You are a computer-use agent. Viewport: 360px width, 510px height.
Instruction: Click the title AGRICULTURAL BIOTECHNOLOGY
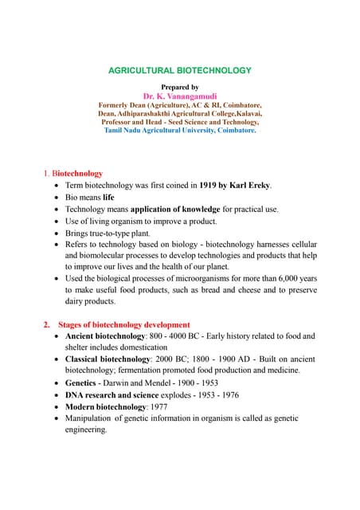click(x=179, y=70)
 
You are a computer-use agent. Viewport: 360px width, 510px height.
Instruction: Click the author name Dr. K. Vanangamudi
click(x=179, y=96)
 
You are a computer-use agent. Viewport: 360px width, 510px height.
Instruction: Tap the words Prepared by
click(x=179, y=86)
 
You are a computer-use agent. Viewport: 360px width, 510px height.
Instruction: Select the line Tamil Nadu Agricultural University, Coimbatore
click(x=179, y=130)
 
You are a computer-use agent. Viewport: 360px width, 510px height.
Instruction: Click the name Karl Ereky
click(x=251, y=186)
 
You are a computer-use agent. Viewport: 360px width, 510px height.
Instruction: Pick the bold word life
click(x=109, y=197)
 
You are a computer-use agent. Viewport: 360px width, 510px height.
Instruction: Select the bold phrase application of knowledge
click(x=175, y=209)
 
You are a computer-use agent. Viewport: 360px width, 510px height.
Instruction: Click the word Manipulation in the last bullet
click(x=89, y=418)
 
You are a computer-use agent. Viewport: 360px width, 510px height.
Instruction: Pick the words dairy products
click(x=90, y=301)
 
